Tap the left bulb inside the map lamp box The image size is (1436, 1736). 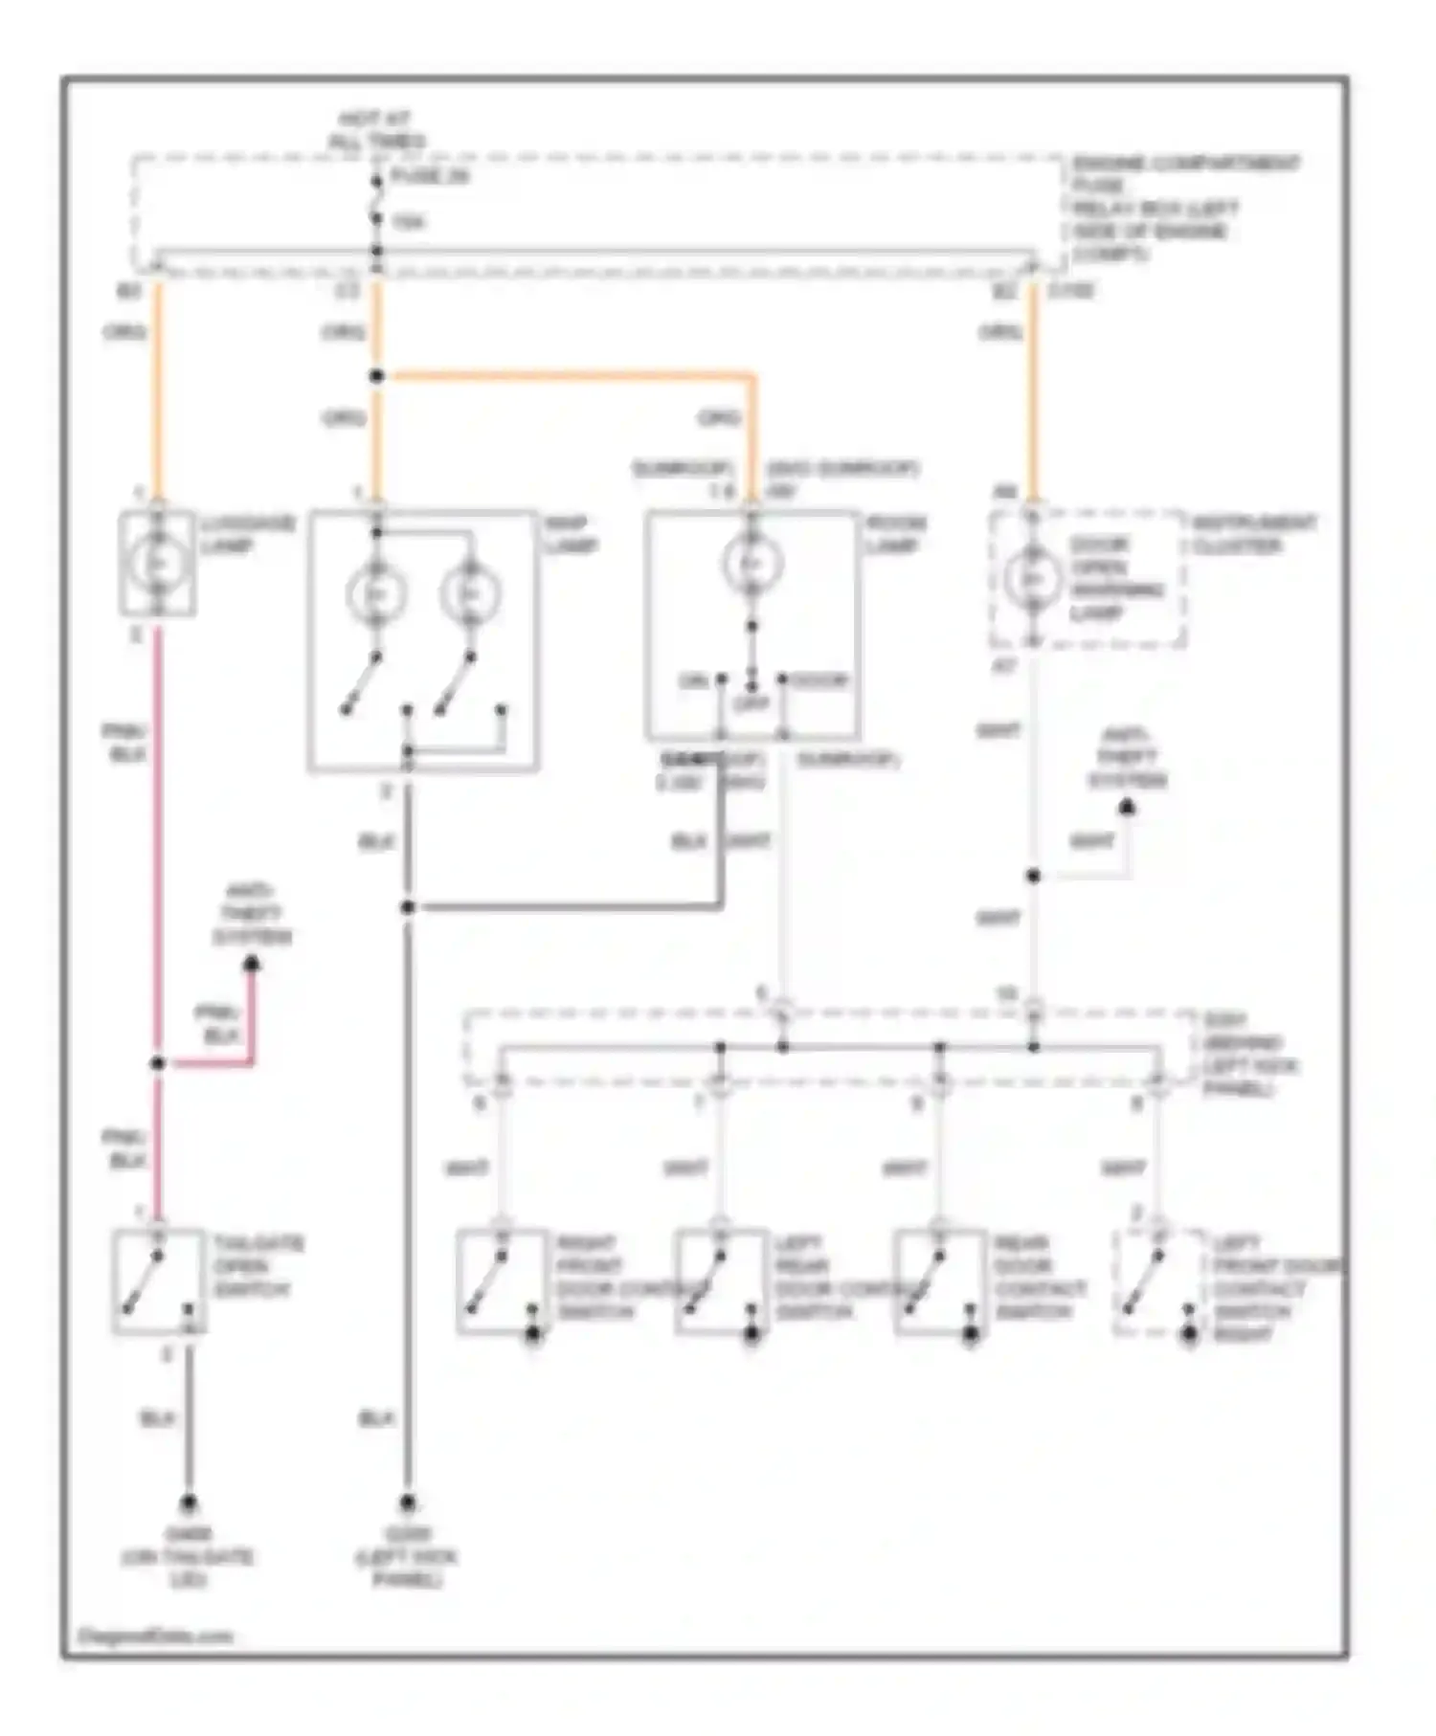[375, 594]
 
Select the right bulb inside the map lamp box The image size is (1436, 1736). [469, 594]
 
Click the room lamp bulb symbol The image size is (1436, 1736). [752, 564]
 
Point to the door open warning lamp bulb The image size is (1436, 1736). [1032, 579]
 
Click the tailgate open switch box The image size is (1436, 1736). [158, 1280]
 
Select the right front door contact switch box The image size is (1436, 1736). [503, 1280]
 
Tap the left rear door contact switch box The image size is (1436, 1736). [721, 1280]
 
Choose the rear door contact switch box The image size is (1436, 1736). [940, 1280]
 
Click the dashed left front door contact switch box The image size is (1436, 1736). [1158, 1280]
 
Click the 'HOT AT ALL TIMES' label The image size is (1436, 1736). [376, 130]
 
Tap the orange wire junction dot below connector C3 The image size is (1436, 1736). [376, 376]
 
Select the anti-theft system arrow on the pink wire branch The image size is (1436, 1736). [252, 965]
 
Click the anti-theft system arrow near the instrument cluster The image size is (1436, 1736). [1128, 809]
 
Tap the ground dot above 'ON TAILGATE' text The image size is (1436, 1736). [189, 1503]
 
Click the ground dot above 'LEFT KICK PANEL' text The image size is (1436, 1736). [408, 1503]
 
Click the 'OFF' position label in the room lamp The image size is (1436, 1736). [752, 704]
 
